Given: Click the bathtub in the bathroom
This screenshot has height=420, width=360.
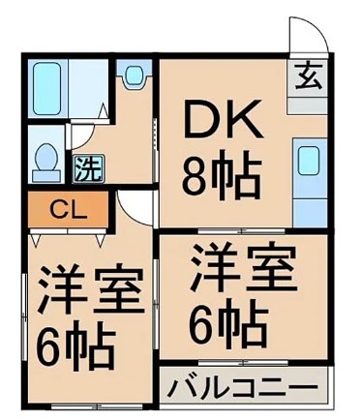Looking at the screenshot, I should click(x=45, y=88).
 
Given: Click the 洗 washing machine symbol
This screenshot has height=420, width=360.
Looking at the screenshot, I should click(x=86, y=168).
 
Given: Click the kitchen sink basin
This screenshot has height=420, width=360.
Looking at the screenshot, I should click(x=309, y=160).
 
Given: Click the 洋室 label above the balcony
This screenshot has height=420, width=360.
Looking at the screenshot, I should click(x=241, y=269).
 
